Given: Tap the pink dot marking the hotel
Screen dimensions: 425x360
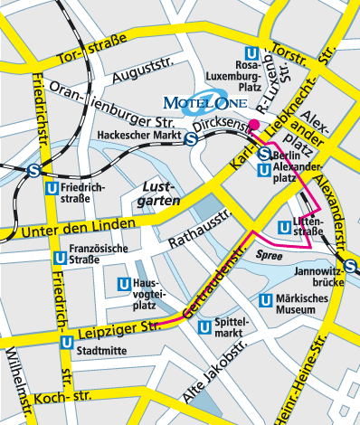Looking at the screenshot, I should coord(255,125).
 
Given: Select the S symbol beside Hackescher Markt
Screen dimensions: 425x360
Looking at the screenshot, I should coord(192,139).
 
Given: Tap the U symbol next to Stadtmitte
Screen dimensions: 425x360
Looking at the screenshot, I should coord(67,343).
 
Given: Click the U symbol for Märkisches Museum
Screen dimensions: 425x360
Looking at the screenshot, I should coord(266,301).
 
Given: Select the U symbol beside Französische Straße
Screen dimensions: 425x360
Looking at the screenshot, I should coord(58,259).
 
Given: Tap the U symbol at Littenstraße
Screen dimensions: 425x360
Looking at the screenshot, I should coord(288,225).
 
